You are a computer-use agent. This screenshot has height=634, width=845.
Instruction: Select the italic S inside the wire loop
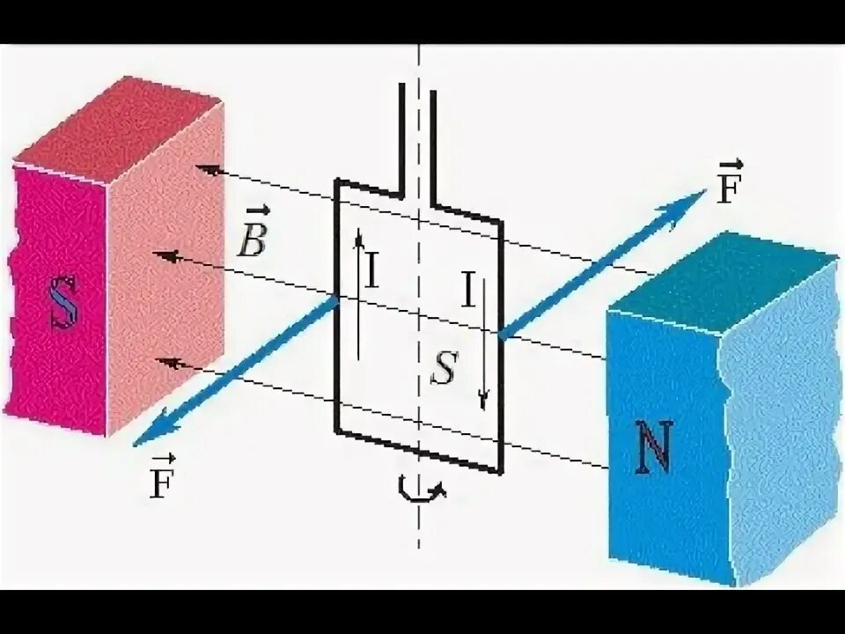(443, 371)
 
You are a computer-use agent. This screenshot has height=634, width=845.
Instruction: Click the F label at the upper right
(726, 188)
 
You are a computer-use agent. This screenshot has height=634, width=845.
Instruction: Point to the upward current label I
(372, 272)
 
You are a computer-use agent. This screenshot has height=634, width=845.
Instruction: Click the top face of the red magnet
(114, 127)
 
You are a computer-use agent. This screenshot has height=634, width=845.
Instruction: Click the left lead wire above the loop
(403, 132)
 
